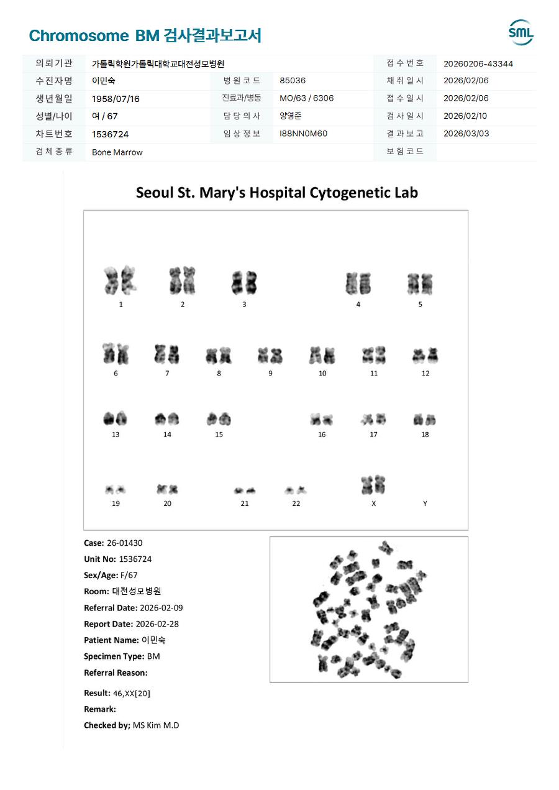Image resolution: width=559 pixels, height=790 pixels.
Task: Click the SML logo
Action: point(520,33)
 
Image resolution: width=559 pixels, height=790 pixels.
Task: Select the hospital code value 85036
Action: point(293,81)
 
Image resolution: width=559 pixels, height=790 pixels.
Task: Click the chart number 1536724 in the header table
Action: point(110,134)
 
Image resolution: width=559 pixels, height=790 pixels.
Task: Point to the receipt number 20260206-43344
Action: point(478,63)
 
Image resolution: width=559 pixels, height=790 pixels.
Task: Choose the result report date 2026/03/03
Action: point(466,134)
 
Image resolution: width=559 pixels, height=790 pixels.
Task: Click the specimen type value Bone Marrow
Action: point(117,152)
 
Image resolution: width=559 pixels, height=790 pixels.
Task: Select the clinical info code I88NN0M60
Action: point(303,134)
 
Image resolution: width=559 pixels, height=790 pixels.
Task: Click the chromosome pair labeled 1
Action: point(120,280)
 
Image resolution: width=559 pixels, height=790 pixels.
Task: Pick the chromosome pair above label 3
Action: point(244,283)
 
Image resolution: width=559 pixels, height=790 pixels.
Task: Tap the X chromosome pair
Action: point(373,485)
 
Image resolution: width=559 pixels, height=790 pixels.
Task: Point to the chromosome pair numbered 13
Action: point(115,418)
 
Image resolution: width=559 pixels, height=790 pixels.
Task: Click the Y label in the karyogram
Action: point(425,503)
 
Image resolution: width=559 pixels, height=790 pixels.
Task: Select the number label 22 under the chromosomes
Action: point(296,503)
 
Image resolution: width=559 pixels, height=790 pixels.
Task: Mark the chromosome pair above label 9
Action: point(270,356)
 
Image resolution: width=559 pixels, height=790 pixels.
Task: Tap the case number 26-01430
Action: point(124,543)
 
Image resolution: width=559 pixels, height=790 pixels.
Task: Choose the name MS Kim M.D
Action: point(156,725)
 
